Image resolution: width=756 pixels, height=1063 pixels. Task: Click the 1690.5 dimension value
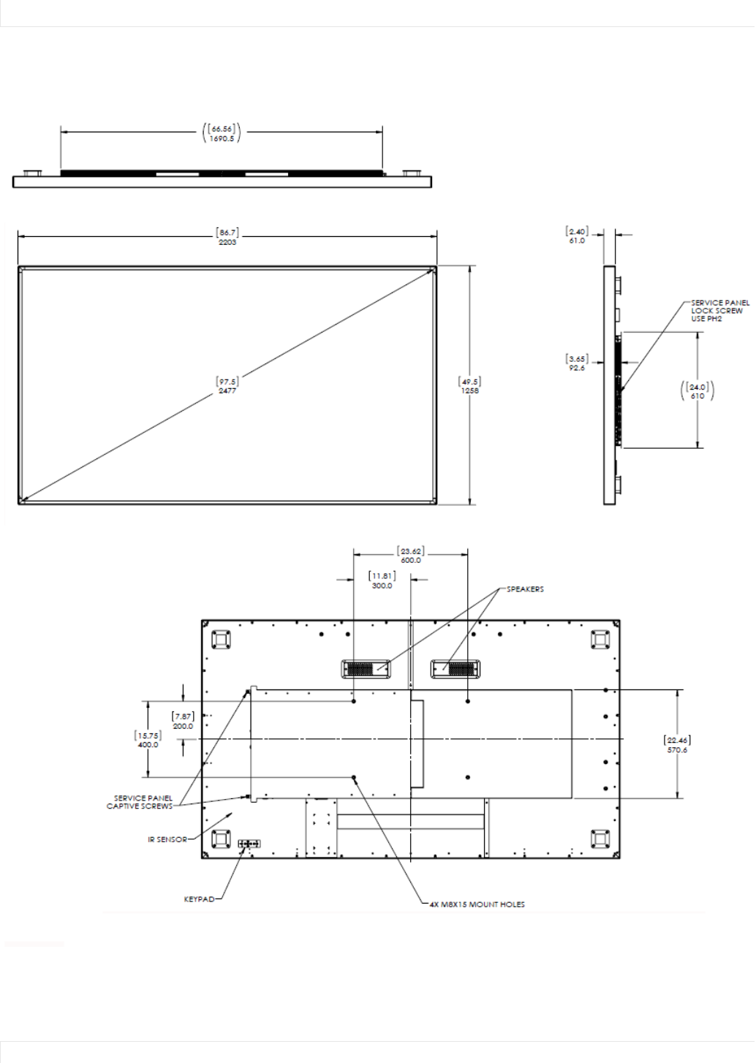222,139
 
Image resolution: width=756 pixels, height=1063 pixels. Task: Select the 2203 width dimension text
227,242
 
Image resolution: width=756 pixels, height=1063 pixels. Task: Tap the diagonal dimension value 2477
227,390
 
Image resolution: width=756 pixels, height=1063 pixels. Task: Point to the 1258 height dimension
470,390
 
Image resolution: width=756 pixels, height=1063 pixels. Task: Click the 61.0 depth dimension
577,241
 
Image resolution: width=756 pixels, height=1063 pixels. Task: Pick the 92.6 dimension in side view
577,368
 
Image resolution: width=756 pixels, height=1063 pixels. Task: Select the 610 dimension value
698,396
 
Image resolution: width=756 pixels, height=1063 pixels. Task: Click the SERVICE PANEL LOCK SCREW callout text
720,311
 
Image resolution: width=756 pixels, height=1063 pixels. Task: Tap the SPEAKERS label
526,589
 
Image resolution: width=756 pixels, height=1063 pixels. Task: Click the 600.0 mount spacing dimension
410,560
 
